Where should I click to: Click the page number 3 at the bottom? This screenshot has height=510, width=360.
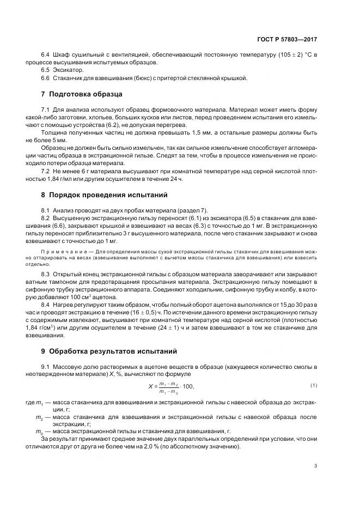pos(316,465)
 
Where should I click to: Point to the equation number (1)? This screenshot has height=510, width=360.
pos(314,386)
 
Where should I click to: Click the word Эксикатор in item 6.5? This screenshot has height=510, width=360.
pos(69,70)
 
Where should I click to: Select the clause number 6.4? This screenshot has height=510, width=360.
pos(45,55)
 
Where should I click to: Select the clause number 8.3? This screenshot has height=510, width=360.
pos(45,274)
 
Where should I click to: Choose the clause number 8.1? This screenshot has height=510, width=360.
pos(45,210)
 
